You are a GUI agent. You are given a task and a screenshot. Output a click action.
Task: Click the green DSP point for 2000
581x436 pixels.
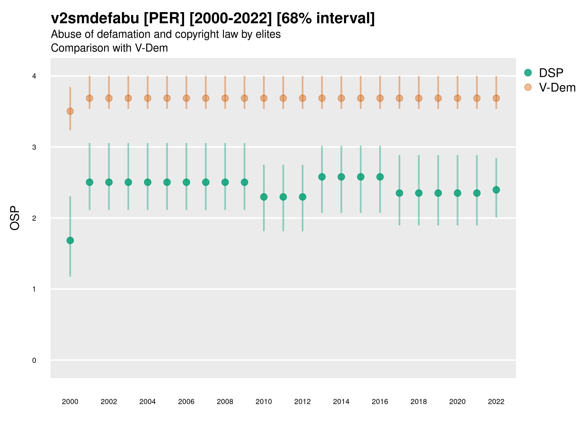(70, 240)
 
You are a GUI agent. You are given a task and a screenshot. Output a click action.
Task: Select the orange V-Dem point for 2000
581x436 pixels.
(70, 111)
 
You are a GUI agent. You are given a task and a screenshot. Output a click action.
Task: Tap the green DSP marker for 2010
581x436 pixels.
(264, 197)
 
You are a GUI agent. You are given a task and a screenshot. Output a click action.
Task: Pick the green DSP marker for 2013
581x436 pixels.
(322, 177)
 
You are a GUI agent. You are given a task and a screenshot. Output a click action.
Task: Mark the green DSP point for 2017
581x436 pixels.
(399, 193)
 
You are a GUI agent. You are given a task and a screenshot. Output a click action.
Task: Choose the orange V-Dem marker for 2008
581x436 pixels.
(225, 98)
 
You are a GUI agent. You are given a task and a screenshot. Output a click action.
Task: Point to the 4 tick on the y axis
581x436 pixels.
(34, 76)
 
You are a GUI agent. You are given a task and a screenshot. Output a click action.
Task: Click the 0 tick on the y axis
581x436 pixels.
(34, 360)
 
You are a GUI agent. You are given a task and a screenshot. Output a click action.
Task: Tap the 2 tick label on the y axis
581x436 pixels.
(34, 218)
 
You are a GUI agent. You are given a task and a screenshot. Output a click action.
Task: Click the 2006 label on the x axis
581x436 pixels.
(186, 402)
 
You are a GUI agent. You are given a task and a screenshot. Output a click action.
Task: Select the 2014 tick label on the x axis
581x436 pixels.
(341, 402)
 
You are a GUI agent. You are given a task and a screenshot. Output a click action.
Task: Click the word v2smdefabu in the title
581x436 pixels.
(95, 18)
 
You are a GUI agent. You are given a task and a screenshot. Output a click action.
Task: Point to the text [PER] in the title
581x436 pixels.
(164, 18)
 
